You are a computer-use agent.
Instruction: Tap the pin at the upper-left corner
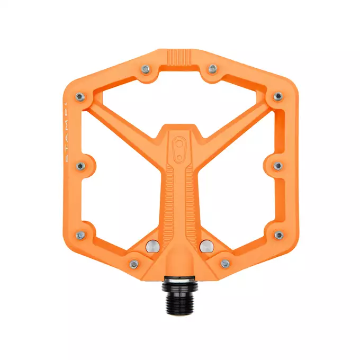(x=80, y=96)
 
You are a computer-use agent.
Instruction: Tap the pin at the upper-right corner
(x=278, y=96)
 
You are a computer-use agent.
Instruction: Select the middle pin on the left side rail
(x=81, y=166)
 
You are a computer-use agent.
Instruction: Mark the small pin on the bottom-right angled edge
(x=225, y=263)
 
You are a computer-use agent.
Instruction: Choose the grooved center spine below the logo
(x=180, y=196)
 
